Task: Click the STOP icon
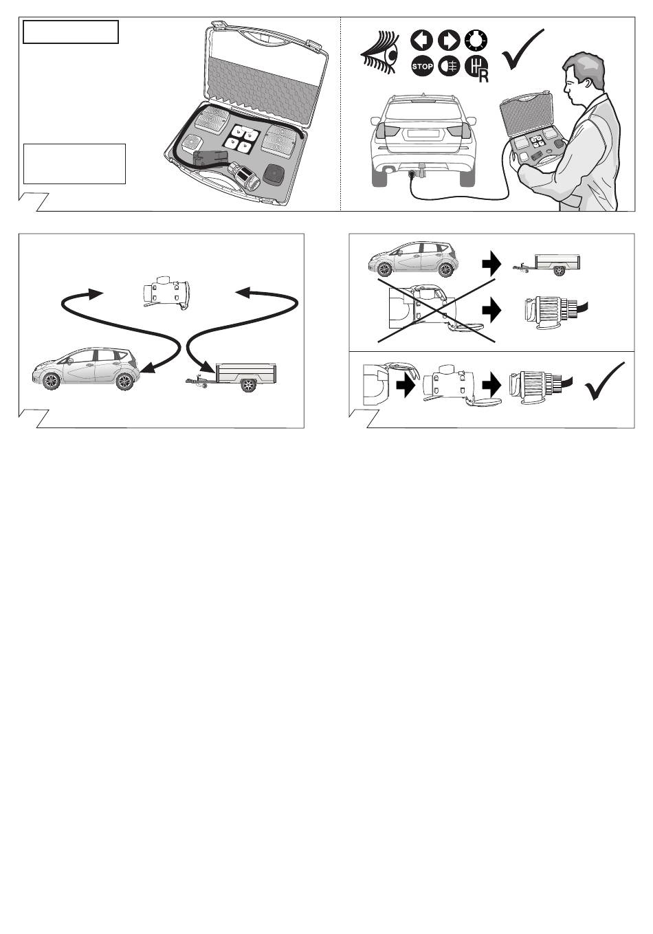tap(422, 66)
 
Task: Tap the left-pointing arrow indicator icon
tap(421, 41)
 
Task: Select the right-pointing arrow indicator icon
tap(449, 41)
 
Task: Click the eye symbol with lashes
tap(379, 52)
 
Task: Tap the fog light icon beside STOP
tap(449, 66)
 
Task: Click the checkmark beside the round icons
tap(522, 49)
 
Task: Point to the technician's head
tap(584, 76)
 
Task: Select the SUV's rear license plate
tap(423, 133)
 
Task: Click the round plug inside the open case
tap(244, 177)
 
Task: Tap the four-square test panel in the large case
tap(242, 138)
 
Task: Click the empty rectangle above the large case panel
tap(71, 32)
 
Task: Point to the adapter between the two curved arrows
tap(166, 293)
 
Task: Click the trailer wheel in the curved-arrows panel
tap(248, 386)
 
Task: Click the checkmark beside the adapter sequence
tap(606, 381)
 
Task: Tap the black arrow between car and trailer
tap(491, 263)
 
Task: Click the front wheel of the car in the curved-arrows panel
tap(52, 381)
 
